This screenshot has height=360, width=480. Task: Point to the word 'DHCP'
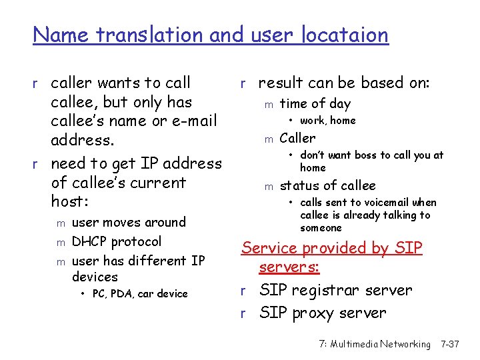(89, 241)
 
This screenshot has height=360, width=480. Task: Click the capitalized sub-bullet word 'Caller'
(297, 139)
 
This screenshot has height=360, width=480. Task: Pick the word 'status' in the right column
(299, 186)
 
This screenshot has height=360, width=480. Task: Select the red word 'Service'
(270, 248)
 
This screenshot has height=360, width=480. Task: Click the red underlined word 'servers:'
(289, 267)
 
